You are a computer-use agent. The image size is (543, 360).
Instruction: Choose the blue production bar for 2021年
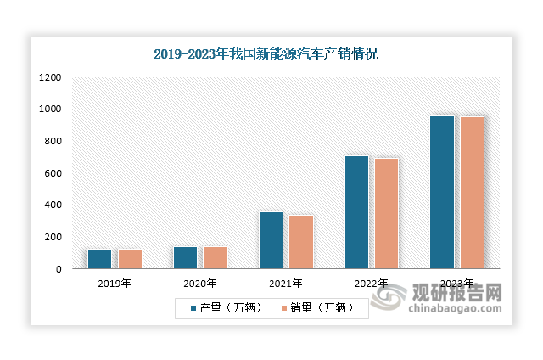coord(271,240)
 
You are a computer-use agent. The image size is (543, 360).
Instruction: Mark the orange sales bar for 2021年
coord(301,242)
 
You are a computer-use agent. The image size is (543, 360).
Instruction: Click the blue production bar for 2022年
coord(356,212)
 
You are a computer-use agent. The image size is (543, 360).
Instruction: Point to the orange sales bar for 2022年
coord(387,214)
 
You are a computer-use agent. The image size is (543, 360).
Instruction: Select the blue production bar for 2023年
coord(442,193)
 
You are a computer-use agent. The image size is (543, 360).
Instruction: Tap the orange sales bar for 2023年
coord(472,193)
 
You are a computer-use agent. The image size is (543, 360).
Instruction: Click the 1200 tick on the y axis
coord(50,77)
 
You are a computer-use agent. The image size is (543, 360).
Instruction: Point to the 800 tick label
coord(53,141)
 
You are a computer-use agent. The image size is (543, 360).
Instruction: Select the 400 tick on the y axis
coord(53,205)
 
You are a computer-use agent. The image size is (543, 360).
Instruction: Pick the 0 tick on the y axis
coord(58,269)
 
